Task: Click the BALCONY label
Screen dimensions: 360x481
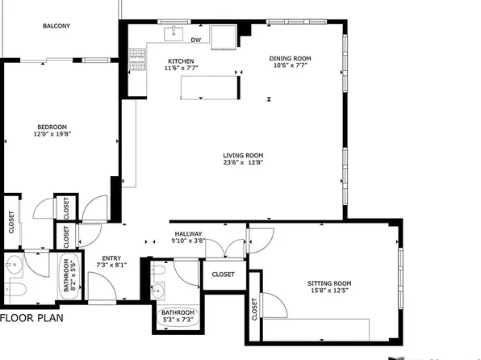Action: pos(56,26)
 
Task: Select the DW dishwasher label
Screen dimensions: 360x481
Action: pos(196,39)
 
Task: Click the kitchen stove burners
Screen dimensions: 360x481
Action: pos(137,59)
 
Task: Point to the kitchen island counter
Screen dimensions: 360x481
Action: pos(210,86)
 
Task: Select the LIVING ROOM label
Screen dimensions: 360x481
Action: pos(244,156)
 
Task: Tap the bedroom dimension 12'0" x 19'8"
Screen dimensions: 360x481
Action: pos(52,135)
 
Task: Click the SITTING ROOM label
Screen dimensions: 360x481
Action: pos(330,283)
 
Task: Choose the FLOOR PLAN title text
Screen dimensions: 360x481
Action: pos(31,318)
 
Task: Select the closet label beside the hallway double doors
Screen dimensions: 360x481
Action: pos(223,274)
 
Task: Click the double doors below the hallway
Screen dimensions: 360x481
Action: pos(227,246)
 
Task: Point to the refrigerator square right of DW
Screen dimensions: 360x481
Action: pos(224,36)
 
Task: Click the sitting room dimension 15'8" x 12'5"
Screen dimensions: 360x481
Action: pos(330,292)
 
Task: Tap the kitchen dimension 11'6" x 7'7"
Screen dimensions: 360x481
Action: pos(181,69)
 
